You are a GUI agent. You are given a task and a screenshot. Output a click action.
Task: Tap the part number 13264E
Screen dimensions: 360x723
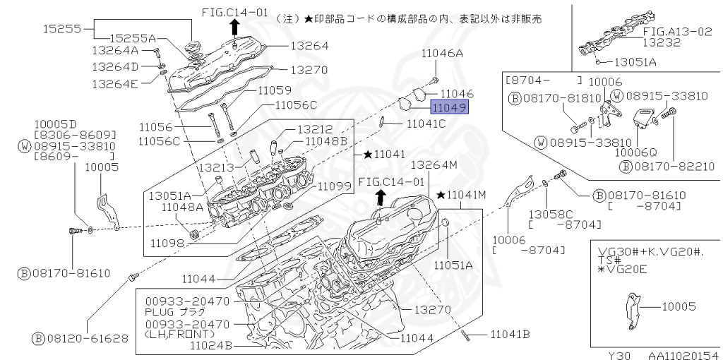coord(115,83)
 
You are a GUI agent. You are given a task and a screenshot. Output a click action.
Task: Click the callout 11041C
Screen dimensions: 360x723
coord(426,124)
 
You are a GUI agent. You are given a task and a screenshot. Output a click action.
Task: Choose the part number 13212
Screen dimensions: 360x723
coord(314,129)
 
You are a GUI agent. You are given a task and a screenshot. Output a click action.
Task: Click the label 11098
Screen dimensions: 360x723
coord(167,242)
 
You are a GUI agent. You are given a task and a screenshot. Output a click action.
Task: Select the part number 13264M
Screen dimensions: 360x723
coord(435,164)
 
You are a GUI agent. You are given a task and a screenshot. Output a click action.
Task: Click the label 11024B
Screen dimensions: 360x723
coord(211,345)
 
